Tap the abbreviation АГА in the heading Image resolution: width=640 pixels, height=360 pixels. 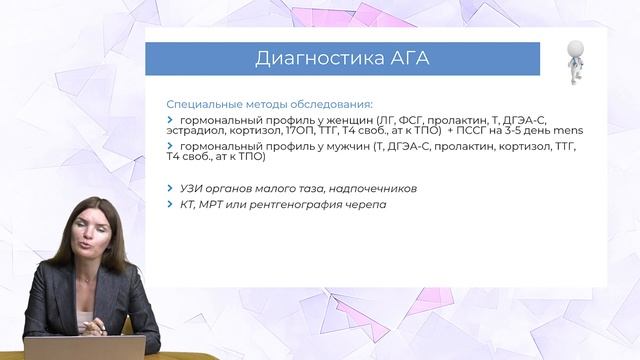click(404, 59)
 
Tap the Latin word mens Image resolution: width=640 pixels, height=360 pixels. click(567, 131)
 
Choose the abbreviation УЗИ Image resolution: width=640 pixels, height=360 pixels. click(193, 188)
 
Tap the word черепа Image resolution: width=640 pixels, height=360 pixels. click(367, 204)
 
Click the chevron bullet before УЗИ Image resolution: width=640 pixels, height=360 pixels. click(170, 188)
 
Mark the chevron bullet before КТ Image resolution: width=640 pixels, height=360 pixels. click(170, 204)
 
